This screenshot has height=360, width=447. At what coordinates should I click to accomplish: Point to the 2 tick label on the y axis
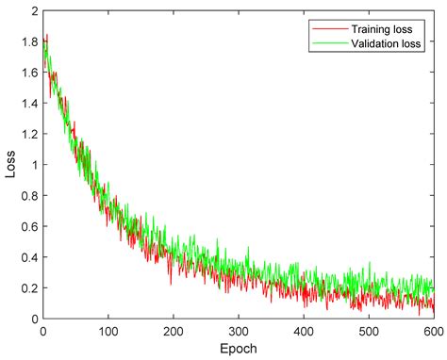pos(34,11)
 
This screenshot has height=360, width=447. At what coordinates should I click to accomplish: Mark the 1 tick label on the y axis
pos(34,165)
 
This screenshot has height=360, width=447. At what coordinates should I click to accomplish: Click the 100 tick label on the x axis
pos(108,332)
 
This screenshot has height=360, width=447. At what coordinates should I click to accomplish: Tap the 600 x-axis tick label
pos(433,332)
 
